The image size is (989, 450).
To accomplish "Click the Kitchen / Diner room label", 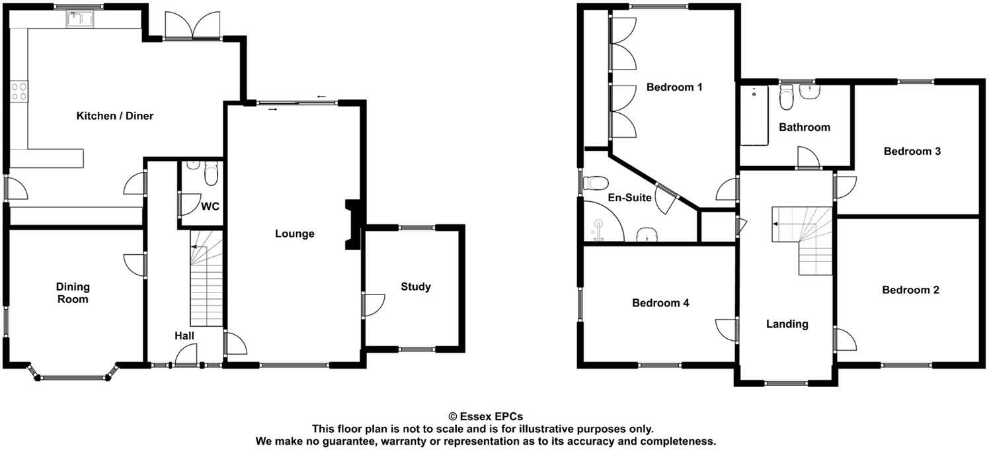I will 115,116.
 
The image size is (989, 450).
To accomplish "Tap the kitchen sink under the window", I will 80,19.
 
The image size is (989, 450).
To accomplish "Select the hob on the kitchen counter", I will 19,91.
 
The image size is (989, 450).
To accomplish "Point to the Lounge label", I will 295,234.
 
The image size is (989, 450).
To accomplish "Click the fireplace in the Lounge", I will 352,225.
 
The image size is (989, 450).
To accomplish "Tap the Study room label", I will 416,287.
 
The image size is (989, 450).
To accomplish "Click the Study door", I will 373,305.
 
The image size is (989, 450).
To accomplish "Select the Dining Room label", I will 73,293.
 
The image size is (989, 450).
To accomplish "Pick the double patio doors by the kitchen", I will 191,26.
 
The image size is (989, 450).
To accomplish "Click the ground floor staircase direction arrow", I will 196,246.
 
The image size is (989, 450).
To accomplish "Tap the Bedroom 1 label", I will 674,87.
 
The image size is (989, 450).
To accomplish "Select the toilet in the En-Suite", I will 596,182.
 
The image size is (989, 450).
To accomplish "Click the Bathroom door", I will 808,159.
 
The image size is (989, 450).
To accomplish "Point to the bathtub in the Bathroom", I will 754,116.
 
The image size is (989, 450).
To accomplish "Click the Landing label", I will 787,324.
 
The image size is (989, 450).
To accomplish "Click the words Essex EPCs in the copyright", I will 490,417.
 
